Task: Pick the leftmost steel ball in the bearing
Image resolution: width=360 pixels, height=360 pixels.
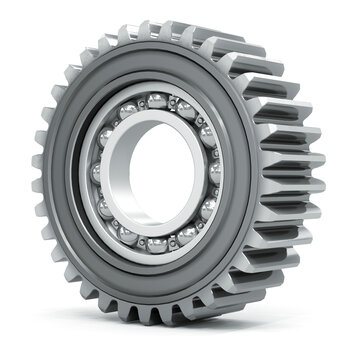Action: [98, 171]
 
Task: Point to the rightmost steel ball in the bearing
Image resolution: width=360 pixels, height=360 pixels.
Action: [215, 172]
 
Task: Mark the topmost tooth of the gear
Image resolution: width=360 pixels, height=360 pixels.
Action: [150, 27]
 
